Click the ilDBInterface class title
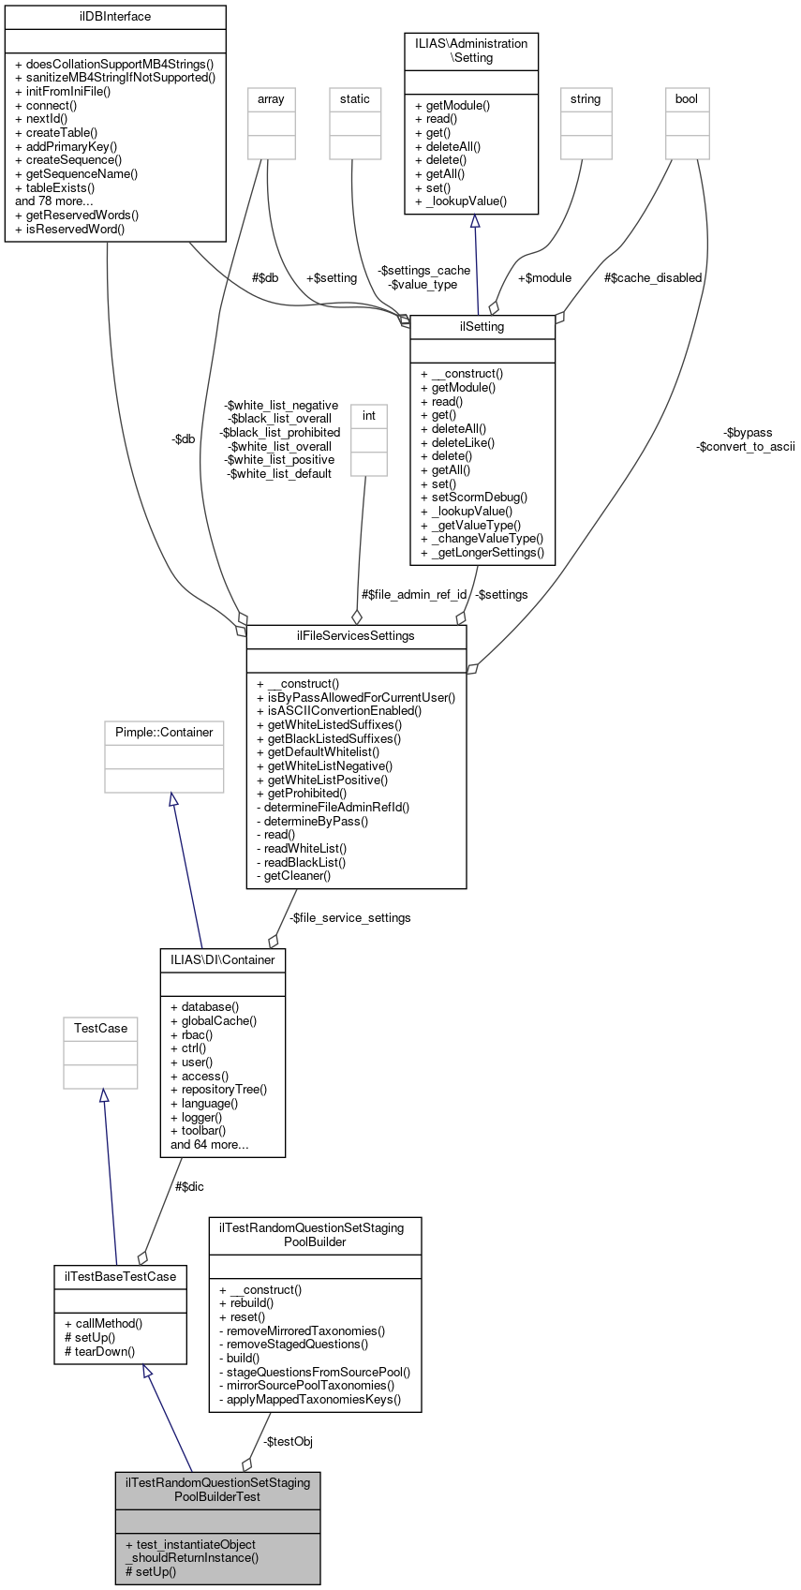click(x=115, y=17)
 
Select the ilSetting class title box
click(x=482, y=327)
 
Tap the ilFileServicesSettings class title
click(x=355, y=636)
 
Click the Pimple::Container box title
click(x=164, y=733)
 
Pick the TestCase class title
click(x=100, y=1029)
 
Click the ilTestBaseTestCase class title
click(x=120, y=1277)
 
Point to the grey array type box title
click(x=271, y=99)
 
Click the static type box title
click(x=355, y=99)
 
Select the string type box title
click(x=586, y=99)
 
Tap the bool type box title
click(x=687, y=99)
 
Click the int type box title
click(x=369, y=416)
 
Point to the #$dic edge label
click(x=189, y=1187)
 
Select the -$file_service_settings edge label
click(x=349, y=918)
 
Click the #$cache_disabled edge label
click(x=653, y=278)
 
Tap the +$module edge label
click(x=544, y=278)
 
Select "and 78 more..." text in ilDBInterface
click(x=54, y=201)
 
